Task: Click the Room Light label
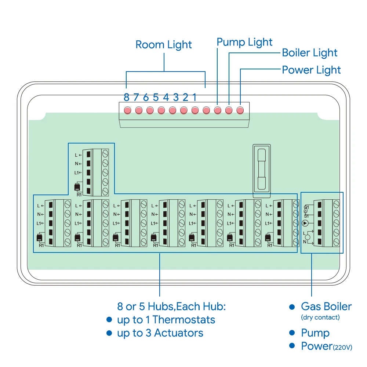pos(164,45)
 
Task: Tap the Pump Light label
pos(244,42)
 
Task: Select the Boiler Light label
pos(309,53)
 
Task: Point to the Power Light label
pos(311,70)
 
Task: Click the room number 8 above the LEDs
pos(126,97)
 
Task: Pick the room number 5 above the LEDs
pos(156,97)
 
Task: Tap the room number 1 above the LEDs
pos(195,97)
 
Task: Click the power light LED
pos(240,110)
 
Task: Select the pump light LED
pos(217,110)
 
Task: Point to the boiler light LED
pos(229,110)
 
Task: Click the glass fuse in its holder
pos(262,169)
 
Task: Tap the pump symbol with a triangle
pos(305,223)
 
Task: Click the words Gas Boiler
pos(326,306)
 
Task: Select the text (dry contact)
pos(320,317)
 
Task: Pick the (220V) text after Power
pos(342,347)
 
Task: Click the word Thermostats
pos(184,320)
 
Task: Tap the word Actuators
pos(179,333)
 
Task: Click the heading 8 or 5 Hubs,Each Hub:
pos(171,306)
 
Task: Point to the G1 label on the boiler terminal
pos(306,207)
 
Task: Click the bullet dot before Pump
pos(292,333)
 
